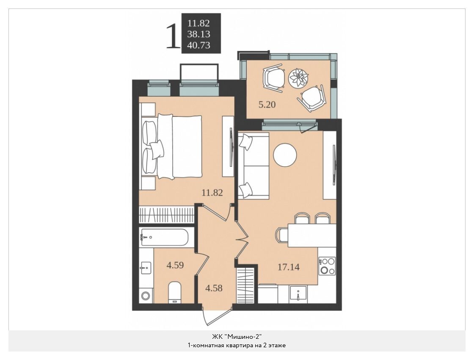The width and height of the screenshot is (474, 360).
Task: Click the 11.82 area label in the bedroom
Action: point(212,192)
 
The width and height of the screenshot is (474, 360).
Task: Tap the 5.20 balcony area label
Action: point(267,105)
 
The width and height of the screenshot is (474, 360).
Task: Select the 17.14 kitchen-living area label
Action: point(289,267)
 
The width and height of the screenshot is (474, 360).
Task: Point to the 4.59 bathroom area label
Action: point(175,265)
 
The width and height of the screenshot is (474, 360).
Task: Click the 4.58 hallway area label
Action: point(214,288)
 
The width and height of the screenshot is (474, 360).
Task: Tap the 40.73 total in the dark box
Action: point(198,45)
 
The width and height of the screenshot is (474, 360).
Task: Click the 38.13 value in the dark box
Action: point(198,34)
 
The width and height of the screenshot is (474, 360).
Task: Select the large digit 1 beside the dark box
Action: point(173,36)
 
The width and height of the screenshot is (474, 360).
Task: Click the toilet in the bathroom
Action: point(174,292)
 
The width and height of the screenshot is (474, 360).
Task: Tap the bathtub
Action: point(164,237)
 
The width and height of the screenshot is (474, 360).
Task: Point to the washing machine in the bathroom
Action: point(146,295)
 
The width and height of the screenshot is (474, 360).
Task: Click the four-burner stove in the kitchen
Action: point(327,266)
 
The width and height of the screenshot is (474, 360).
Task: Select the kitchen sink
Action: point(298,294)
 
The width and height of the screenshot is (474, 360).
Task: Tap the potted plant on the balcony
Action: point(298,78)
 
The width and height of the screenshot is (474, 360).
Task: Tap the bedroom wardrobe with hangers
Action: point(166,215)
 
